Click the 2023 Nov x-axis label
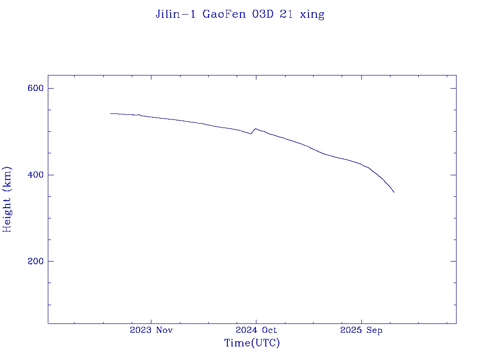pyautogui.click(x=151, y=330)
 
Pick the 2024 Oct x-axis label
pyautogui.click(x=256, y=330)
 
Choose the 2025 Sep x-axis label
pyautogui.click(x=361, y=330)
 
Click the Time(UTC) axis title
pyautogui.click(x=252, y=343)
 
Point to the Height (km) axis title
pyautogui.click(x=7, y=199)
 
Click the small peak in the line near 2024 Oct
pyautogui.click(x=255, y=128)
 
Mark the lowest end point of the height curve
pyautogui.click(x=394, y=192)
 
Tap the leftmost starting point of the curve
pyautogui.click(x=111, y=113)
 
